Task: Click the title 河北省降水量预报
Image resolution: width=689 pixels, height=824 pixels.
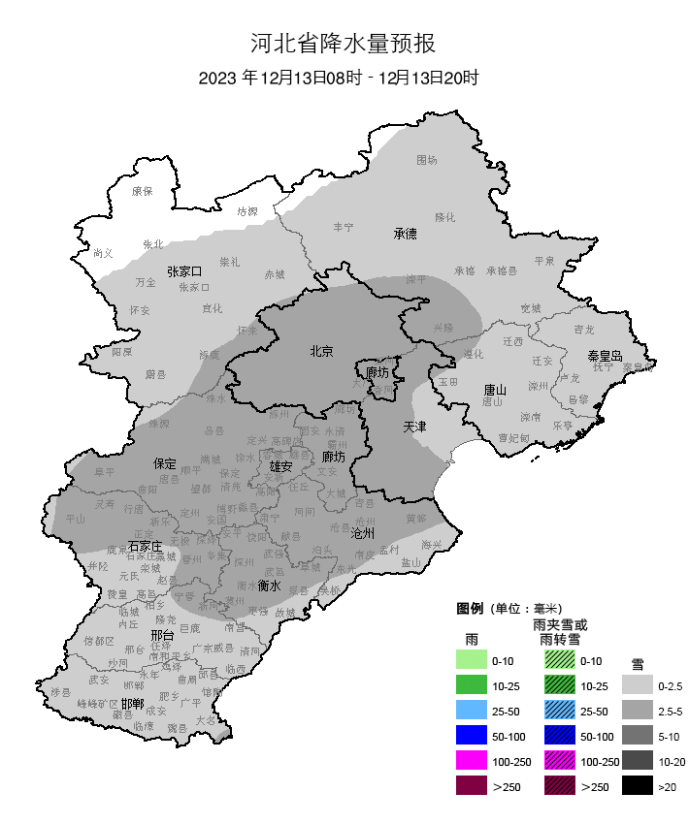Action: (344, 44)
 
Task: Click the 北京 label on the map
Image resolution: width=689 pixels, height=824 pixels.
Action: (321, 352)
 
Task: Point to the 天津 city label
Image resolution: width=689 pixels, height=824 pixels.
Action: (415, 427)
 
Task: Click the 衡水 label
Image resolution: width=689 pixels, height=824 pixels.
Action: (270, 586)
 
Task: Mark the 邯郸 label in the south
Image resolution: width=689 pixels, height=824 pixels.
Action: (132, 703)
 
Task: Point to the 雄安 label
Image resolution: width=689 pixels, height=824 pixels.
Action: (281, 467)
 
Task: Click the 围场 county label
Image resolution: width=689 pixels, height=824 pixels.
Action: (427, 160)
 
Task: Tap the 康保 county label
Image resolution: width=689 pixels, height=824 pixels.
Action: (143, 191)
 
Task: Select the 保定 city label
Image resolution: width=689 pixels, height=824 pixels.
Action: (164, 463)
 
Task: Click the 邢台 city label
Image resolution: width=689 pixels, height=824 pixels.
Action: (162, 636)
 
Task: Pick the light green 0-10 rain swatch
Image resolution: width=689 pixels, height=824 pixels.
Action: (471, 660)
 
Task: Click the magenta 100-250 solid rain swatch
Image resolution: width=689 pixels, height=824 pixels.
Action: (471, 761)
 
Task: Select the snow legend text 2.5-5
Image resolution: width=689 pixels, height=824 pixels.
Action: (670, 711)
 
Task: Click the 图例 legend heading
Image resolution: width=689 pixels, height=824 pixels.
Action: (470, 609)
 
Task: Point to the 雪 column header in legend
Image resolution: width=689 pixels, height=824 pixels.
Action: (638, 664)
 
